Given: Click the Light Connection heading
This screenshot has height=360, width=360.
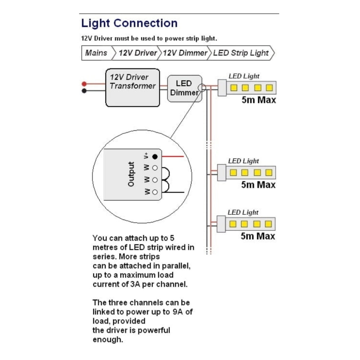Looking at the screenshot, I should coord(129,23).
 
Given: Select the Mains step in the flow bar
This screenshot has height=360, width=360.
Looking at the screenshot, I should coord(96,53).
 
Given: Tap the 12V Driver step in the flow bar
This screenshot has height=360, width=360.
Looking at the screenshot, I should coord(138,53).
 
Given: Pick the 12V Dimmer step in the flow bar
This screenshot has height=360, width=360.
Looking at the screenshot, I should coord(185,53).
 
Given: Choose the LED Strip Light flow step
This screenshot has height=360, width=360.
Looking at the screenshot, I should coord(241,53).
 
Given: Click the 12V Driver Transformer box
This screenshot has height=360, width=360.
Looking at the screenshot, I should coord(132,87).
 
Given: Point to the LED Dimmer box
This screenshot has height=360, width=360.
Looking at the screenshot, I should coord(184,89).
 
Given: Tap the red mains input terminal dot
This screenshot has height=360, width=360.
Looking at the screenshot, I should coord(84,84).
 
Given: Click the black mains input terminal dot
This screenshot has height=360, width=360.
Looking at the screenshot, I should coord(84,91).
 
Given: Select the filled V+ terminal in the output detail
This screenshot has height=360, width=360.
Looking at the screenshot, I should coord(155,157).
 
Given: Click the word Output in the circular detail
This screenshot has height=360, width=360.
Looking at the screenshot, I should coord(131,174).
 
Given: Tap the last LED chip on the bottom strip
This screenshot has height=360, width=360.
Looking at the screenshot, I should coord(268,224).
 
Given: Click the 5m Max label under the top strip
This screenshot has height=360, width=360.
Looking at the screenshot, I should coord(258,100).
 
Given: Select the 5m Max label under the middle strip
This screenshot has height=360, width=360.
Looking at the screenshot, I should coord(258,185).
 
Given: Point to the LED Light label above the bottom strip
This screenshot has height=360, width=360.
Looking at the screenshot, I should coord(243,212).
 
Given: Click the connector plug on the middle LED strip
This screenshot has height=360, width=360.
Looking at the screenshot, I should coord(221,172).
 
